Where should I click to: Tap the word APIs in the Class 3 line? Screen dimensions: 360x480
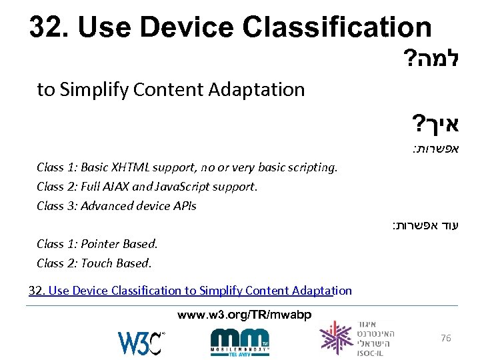(183, 206)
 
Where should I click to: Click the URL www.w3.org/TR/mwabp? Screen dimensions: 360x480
(244, 315)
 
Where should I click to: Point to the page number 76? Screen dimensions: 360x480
(446, 339)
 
